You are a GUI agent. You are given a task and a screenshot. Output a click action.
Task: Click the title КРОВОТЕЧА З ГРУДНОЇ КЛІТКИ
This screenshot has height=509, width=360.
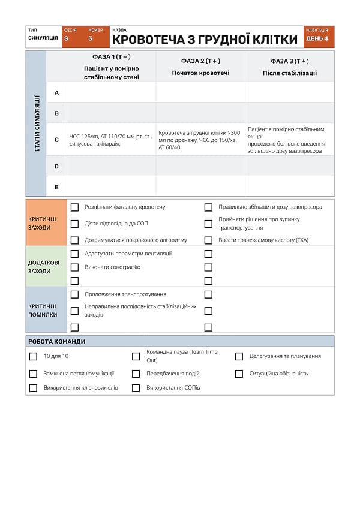pyautogui.click(x=205, y=40)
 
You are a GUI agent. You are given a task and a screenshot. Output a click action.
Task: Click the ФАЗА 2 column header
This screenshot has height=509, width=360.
pyautogui.click(x=200, y=67)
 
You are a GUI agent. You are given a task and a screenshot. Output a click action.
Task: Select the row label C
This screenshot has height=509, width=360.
pyautogui.click(x=56, y=140)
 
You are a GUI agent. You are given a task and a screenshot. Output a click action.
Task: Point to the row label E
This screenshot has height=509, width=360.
pyautogui.click(x=56, y=187)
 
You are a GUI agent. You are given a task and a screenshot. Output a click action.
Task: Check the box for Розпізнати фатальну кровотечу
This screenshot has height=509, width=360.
pyautogui.click(x=75, y=207)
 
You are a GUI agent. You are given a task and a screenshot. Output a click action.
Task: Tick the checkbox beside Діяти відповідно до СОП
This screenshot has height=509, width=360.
pyautogui.click(x=75, y=224)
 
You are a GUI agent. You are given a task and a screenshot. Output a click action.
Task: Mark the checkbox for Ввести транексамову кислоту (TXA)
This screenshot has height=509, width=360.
pyautogui.click(x=208, y=240)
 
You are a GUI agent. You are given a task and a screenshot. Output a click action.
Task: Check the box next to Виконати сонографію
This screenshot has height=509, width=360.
pyautogui.click(x=75, y=267)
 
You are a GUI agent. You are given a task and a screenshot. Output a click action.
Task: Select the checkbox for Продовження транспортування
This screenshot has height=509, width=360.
pyautogui.click(x=75, y=294)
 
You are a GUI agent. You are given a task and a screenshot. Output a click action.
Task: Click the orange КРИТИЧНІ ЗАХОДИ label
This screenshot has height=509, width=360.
pyautogui.click(x=46, y=223)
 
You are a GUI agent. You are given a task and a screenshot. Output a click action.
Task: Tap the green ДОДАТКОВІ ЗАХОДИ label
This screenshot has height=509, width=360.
pyautogui.click(x=46, y=266)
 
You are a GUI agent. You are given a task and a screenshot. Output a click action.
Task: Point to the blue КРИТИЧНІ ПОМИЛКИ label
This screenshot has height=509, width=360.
pyautogui.click(x=46, y=310)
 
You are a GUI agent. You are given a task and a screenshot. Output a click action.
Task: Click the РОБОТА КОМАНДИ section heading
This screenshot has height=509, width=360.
pyautogui.click(x=57, y=341)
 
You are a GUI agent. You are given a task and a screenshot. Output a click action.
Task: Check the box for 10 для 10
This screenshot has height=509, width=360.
pyautogui.click(x=34, y=356)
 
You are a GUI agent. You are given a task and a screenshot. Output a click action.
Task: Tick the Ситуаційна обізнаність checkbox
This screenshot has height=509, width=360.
pyautogui.click(x=239, y=374)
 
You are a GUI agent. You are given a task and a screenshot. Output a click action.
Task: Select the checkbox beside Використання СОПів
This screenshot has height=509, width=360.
pyautogui.click(x=136, y=388)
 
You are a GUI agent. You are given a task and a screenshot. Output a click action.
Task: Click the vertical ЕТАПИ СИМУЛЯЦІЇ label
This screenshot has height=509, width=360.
pyautogui.click(x=36, y=124)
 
